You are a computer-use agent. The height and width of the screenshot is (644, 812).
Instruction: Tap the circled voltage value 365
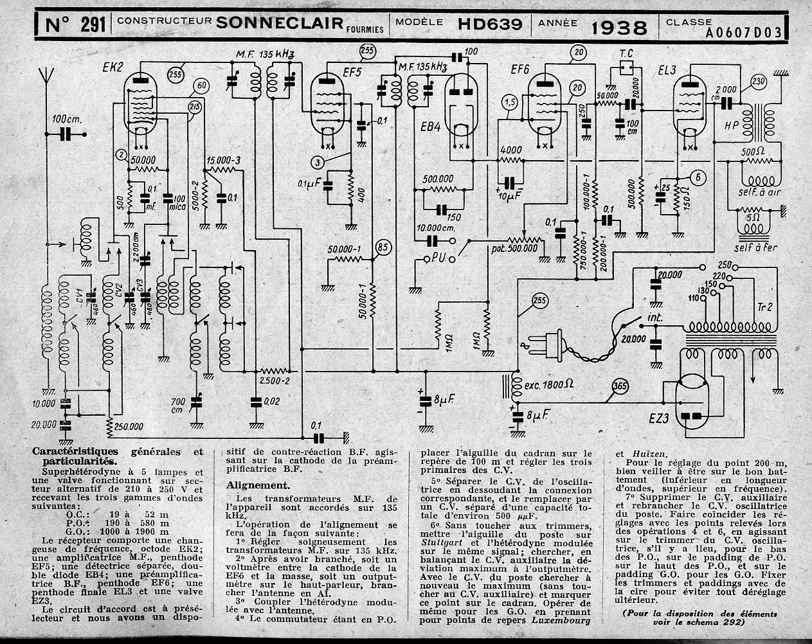point(620,386)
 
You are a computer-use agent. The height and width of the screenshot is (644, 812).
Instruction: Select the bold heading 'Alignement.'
point(253,486)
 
